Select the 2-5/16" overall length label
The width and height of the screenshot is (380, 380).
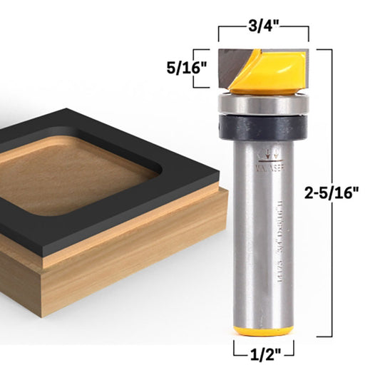pos(346,191)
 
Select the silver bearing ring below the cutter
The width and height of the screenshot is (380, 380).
pos(262,104)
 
